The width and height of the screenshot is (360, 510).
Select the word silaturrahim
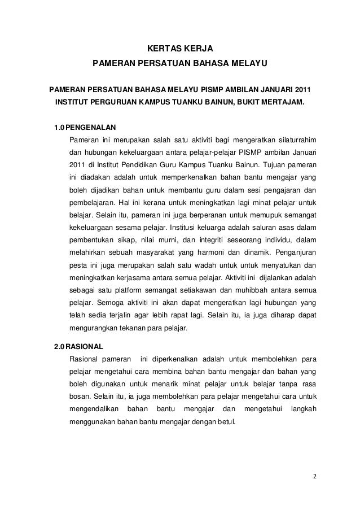(295, 139)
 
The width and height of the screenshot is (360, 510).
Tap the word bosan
(80, 396)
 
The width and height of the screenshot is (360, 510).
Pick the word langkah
(302, 408)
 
